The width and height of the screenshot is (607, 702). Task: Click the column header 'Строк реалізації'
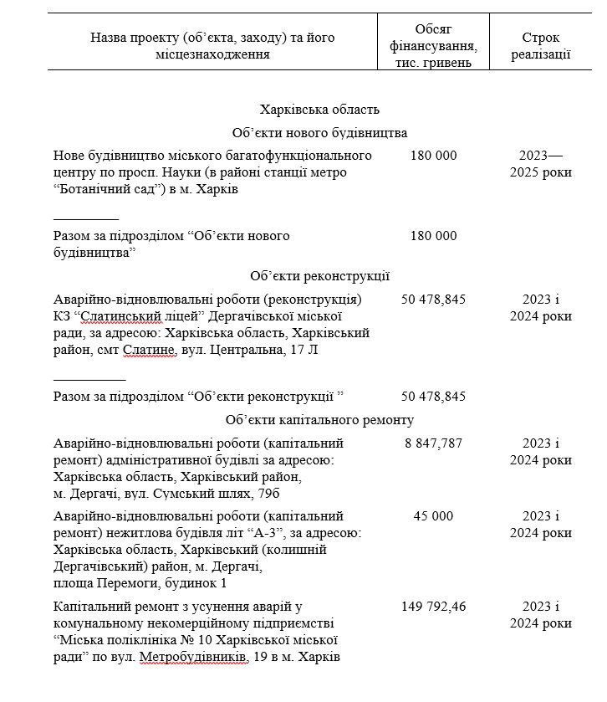(540, 46)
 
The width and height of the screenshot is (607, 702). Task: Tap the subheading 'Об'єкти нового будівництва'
(319, 133)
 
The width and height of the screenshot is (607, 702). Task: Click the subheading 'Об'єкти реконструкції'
(319, 276)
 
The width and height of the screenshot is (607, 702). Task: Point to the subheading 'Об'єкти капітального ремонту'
(319, 420)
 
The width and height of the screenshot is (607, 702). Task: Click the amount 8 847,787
(433, 443)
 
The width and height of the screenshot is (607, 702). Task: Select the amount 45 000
(433, 516)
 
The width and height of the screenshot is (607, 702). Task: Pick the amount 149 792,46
(433, 606)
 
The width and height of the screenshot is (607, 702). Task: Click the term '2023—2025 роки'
(540, 164)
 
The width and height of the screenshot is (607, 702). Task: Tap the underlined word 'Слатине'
(150, 350)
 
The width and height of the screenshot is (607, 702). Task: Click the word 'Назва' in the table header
(109, 38)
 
